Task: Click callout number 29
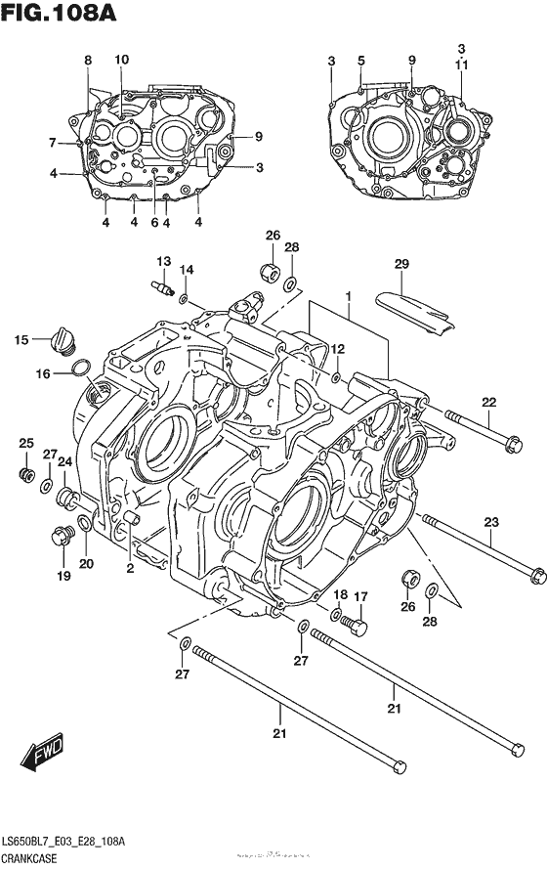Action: [401, 265]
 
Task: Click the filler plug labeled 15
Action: [63, 343]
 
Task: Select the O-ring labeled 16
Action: [83, 369]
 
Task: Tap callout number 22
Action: [488, 402]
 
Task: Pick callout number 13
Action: [163, 261]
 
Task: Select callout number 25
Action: [26, 444]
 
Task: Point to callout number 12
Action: [337, 349]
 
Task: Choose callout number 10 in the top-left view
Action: [121, 60]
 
